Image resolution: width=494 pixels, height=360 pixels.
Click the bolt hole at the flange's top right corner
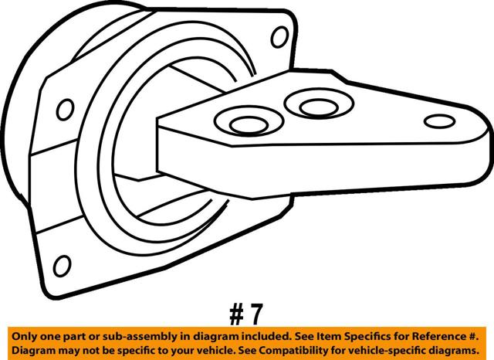(x=279, y=37)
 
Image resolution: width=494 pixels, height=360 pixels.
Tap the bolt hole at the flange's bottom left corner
(x=62, y=266)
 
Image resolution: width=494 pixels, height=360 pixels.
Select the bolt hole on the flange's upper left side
(x=65, y=110)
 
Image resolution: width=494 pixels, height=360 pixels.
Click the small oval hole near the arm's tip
(x=439, y=121)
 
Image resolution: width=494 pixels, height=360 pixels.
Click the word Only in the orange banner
(x=22, y=336)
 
